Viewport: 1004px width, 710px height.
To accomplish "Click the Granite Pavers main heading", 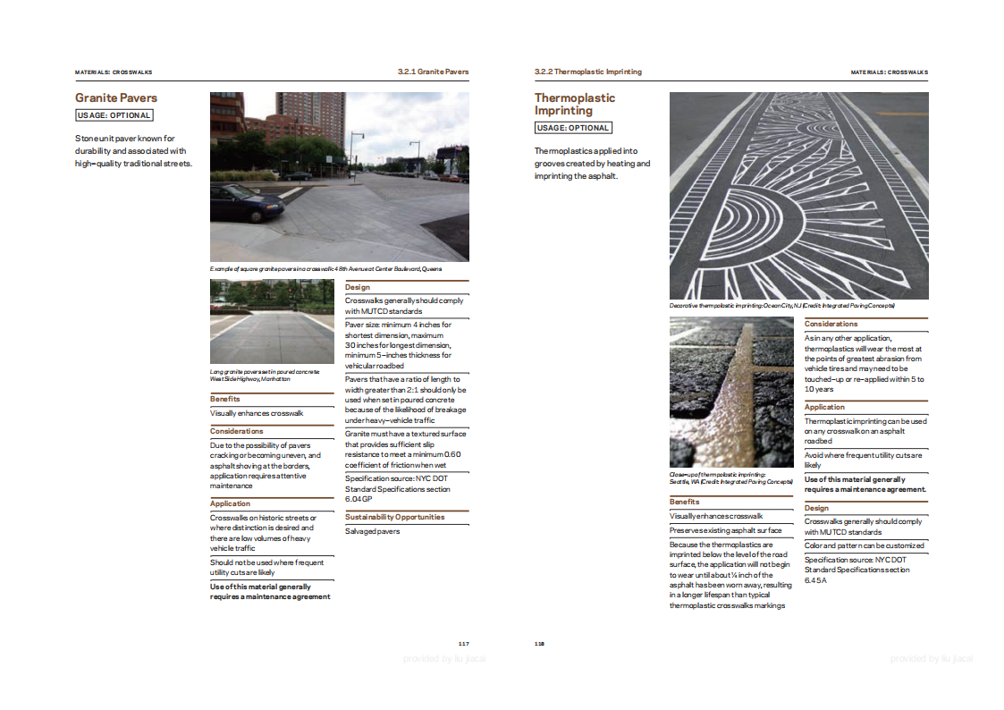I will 116,97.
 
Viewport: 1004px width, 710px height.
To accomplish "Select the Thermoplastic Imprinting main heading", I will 575,104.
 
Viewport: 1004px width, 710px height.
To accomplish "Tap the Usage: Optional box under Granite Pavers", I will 114,115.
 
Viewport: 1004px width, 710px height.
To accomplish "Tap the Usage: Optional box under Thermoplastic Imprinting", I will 573,128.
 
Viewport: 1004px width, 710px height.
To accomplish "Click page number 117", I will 463,644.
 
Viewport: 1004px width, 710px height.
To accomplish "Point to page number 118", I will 540,644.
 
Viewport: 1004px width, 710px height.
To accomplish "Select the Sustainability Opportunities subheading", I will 394,517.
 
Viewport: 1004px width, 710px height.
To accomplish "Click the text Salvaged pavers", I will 373,531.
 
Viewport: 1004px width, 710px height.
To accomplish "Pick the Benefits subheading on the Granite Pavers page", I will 225,399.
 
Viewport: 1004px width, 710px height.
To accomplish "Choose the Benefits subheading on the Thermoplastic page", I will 685,502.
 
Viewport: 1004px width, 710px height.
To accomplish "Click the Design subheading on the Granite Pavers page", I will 358,287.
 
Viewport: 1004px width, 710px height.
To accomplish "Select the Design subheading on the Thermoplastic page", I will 816,508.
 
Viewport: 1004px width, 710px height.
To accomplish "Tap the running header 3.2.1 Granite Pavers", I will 433,72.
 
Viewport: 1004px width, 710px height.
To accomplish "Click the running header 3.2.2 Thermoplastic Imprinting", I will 587,72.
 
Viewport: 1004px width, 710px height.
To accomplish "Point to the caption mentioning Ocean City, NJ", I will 782,306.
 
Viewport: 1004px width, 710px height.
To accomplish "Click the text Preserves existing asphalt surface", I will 725,530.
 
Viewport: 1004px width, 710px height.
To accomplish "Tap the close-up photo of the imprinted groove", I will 731,392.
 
